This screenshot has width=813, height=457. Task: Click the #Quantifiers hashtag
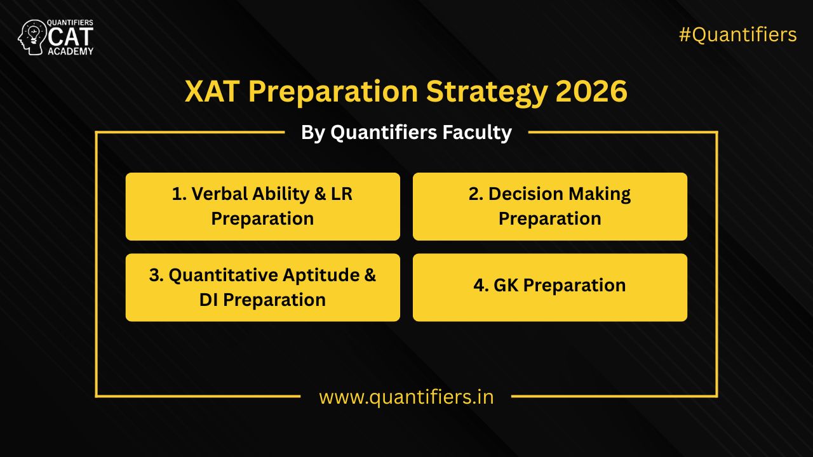pos(737,35)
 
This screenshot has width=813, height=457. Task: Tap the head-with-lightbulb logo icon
pos(31,37)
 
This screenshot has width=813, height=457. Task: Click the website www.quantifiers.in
pos(406,397)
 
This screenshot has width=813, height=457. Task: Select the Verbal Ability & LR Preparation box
pos(262,206)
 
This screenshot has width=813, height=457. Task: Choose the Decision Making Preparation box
pos(550,206)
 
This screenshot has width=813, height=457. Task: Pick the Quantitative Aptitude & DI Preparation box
pos(262,288)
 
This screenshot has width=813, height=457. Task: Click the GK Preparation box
pos(550,288)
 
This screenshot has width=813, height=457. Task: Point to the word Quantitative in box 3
pos(222,275)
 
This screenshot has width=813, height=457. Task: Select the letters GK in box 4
pos(506,285)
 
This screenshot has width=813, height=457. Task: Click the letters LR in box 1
pos(341,194)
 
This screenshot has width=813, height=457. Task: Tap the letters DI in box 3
pos(209,300)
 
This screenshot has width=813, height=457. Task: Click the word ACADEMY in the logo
pos(71,51)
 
